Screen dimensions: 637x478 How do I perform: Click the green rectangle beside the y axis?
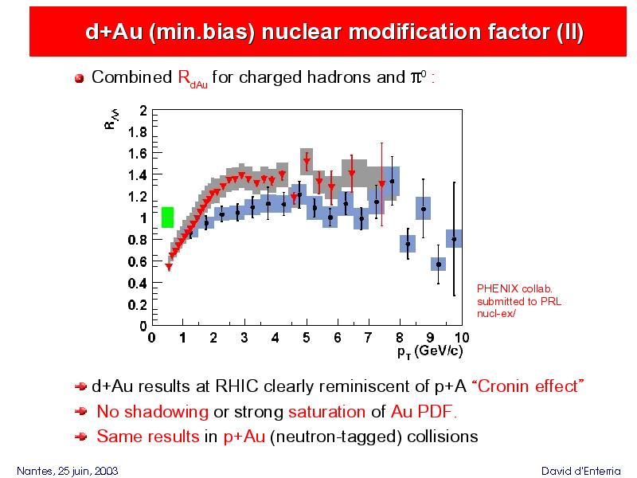click(167, 217)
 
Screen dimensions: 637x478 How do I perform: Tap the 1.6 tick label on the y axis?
click(137, 154)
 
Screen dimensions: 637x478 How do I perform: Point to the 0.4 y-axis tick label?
click(137, 283)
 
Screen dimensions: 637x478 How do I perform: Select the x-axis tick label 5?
click(307, 338)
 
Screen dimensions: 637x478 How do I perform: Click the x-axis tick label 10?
click(462, 338)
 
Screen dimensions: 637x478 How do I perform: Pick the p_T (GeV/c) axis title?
click(430, 351)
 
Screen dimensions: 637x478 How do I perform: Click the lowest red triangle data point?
click(169, 267)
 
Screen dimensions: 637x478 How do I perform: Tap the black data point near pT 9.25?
click(439, 264)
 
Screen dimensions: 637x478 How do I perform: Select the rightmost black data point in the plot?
click(454, 240)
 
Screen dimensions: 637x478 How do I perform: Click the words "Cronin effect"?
click(528, 386)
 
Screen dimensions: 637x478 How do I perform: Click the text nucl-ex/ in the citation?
click(496, 313)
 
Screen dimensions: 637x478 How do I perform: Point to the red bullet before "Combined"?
click(79, 78)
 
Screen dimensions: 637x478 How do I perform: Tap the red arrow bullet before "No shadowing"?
click(81, 412)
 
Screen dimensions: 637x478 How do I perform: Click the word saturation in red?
click(326, 412)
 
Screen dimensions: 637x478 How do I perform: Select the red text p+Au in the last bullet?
click(244, 437)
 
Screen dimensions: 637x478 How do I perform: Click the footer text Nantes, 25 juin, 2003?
click(68, 471)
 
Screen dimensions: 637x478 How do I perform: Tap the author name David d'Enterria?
click(581, 471)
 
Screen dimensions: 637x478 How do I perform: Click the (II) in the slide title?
click(570, 32)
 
